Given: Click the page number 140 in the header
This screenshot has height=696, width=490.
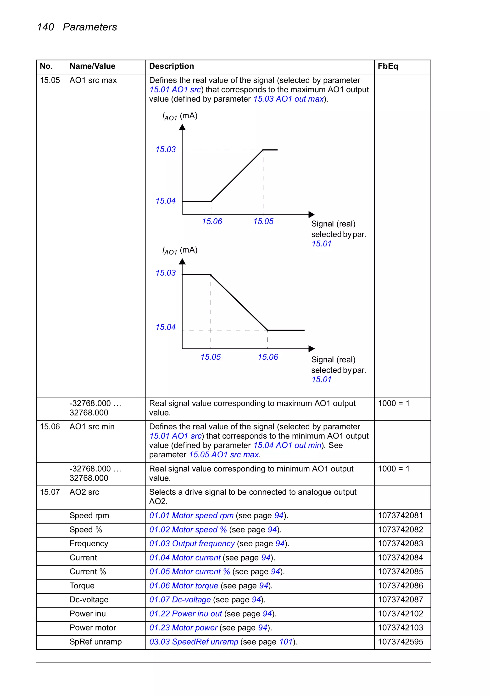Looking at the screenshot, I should coord(45,27).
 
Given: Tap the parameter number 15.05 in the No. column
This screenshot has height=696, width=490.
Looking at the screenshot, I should coord(50,80).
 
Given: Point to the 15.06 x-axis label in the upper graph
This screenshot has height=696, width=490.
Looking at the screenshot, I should coord(212,222).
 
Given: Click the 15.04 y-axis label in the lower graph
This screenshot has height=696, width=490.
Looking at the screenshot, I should coord(165,327).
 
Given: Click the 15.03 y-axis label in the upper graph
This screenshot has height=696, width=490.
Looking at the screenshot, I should coord(165,149).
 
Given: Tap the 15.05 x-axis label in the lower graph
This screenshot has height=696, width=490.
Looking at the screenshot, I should coord(210,357).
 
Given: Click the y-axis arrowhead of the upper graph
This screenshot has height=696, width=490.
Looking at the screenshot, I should coord(182,127).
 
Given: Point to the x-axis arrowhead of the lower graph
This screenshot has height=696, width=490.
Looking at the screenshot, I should coord(311,349).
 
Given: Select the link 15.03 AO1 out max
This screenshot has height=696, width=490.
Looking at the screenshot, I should coord(288,99).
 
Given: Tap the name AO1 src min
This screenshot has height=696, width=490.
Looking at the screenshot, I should coord(92,427).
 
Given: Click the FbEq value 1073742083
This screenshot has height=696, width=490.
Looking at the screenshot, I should coord(400,543).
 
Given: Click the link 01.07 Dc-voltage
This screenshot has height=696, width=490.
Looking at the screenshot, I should coord(180,600).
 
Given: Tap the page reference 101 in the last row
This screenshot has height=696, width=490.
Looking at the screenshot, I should coord(285,642).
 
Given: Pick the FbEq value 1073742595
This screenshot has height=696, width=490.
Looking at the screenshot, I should coord(400,642).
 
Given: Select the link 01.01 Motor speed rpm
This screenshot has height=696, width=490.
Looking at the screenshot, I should coord(191,516).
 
